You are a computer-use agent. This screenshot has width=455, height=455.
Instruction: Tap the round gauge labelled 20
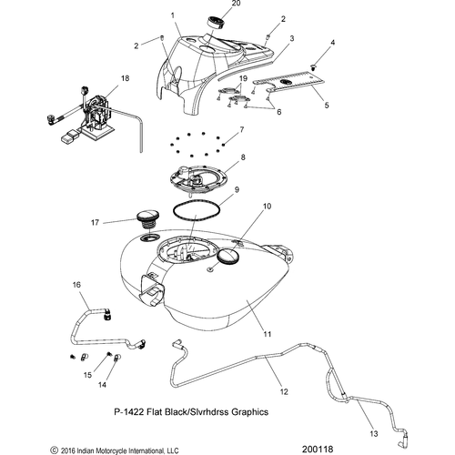pyautogui.click(x=216, y=24)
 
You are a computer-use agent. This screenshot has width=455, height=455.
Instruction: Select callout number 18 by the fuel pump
pyautogui.click(x=125, y=78)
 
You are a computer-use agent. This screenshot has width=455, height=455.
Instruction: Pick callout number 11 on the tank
pyautogui.click(x=268, y=334)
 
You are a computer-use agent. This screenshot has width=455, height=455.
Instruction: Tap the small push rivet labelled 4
pyautogui.click(x=314, y=67)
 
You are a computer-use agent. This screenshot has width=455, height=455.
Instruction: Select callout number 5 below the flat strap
pyautogui.click(x=327, y=105)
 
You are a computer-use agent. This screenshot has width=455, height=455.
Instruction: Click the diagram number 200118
pyautogui.click(x=318, y=449)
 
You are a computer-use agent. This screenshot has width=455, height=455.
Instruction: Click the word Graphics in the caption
pyautogui.click(x=249, y=411)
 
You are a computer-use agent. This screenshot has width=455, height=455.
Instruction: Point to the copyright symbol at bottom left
pyautogui.click(x=54, y=450)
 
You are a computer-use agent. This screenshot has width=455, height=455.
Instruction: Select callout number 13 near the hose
pyautogui.click(x=374, y=434)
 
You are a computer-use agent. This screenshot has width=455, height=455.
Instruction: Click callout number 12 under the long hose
pyautogui.click(x=284, y=391)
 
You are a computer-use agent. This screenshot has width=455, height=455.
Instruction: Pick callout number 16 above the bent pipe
pyautogui.click(x=76, y=285)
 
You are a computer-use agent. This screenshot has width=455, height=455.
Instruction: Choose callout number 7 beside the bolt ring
pyautogui.click(x=242, y=130)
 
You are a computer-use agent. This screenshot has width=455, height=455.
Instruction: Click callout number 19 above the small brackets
pyautogui.click(x=243, y=78)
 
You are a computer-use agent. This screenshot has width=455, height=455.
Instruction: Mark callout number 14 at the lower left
pyautogui.click(x=102, y=385)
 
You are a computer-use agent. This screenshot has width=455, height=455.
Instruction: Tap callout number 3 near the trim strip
pyautogui.click(x=292, y=38)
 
